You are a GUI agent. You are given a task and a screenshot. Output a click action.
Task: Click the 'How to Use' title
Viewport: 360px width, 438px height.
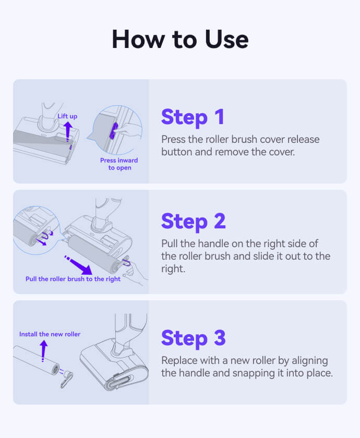point(180,40)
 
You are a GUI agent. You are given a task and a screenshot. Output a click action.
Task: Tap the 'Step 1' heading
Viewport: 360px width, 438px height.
point(193,117)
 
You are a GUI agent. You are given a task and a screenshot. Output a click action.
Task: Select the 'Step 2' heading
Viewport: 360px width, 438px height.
point(194,222)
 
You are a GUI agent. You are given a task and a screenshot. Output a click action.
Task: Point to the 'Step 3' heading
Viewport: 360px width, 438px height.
point(194,338)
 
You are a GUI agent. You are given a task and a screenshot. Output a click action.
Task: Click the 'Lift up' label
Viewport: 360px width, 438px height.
point(67,116)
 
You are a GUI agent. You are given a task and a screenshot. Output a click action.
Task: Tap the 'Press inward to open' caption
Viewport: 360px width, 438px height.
point(119,164)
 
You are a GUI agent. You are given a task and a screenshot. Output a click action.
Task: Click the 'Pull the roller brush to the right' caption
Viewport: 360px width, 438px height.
point(73,279)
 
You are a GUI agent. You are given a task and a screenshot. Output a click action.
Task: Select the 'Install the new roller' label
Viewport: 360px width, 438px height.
point(50,334)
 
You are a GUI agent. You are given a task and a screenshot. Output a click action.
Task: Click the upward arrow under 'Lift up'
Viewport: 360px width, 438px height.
point(68,132)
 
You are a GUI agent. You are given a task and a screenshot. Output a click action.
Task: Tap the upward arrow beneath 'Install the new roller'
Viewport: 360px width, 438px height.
point(43,351)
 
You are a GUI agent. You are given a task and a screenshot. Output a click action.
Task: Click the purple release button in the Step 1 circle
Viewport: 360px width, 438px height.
point(113,131)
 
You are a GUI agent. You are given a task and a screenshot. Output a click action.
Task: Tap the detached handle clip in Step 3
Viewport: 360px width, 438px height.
point(67,379)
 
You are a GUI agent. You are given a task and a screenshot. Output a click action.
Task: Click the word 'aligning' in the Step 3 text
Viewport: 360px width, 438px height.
point(310,361)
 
